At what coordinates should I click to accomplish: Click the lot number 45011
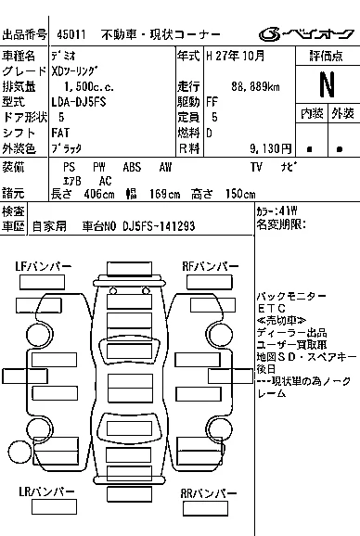71,34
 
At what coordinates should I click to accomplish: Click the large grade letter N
327,84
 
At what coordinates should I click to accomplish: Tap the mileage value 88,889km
255,86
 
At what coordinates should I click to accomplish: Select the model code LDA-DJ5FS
79,102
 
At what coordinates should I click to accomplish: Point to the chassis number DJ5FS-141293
159,226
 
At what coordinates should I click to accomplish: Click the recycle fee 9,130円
270,148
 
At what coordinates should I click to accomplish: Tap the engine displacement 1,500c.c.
89,86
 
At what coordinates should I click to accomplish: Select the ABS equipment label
132,167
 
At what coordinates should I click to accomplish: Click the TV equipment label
256,167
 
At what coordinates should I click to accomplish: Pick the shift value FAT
60,133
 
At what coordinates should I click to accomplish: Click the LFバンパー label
43,267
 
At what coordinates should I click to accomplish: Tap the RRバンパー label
209,493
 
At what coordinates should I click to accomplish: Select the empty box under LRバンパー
54,506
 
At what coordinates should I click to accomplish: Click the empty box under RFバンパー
210,282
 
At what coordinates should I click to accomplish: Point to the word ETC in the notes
271,308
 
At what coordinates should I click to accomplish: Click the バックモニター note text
291,296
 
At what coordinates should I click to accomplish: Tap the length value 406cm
99,194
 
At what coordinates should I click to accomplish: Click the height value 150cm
240,194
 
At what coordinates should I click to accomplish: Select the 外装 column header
342,113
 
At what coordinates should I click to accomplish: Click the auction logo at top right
306,33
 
